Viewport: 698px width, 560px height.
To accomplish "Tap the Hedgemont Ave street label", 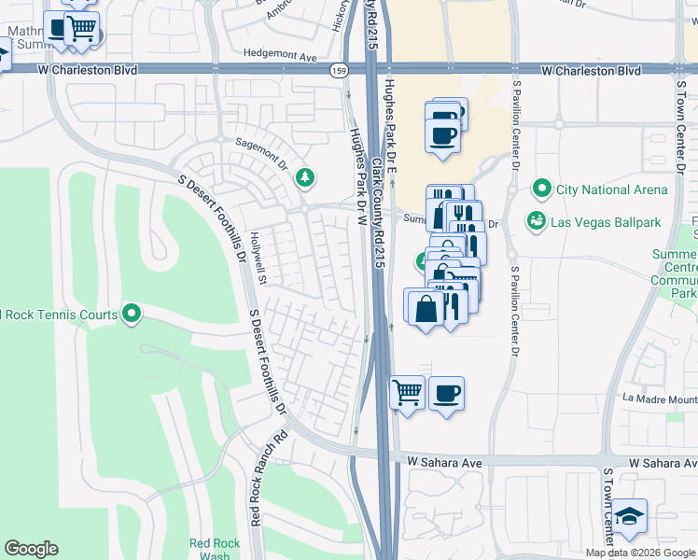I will [280, 56].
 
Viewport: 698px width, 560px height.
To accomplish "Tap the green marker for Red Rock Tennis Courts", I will [132, 314].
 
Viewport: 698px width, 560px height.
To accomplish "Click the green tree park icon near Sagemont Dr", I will [304, 177].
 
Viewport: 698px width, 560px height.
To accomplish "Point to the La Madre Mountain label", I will [659, 399].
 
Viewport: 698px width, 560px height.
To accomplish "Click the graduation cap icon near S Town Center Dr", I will [630, 516].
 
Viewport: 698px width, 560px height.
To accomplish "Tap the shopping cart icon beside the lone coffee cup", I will [406, 391].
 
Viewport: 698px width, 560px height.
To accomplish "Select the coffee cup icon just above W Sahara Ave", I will [446, 391].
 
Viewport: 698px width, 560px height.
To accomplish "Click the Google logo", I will [31, 549].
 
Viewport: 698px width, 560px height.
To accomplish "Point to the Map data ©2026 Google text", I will [639, 553].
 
